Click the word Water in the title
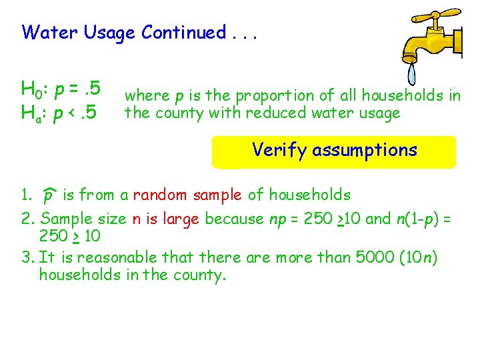pyautogui.click(x=51, y=32)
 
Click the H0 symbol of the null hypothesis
pyautogui.click(x=32, y=87)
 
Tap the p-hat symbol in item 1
pyautogui.click(x=48, y=196)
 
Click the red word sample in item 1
pyautogui.click(x=218, y=195)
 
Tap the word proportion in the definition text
pyautogui.click(x=275, y=95)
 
